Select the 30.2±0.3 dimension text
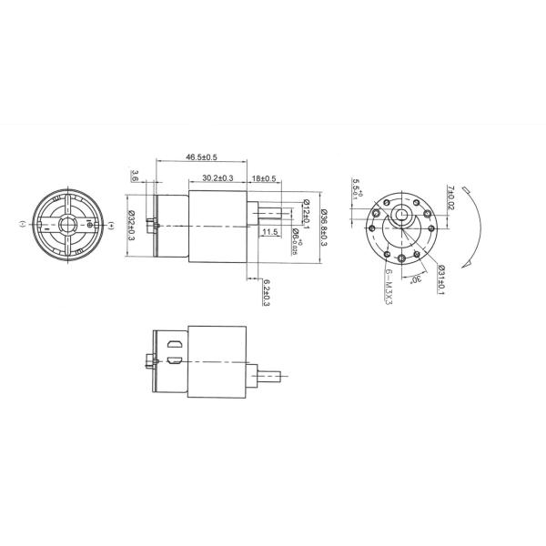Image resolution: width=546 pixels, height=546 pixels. point(217,177)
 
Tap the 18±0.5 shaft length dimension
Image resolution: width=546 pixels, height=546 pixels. point(265,177)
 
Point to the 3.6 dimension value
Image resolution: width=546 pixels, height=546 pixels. point(136,175)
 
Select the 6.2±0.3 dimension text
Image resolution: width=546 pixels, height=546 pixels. point(265,292)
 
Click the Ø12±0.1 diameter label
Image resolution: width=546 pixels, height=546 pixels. point(307,215)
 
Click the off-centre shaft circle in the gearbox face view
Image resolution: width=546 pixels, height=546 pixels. point(401,217)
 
